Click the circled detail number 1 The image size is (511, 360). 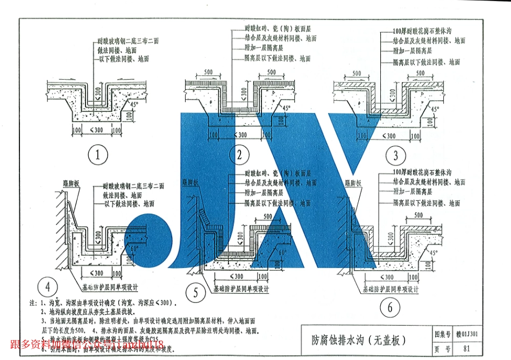(x=98, y=156)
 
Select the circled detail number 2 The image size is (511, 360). (x=239, y=156)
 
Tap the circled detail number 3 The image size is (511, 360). (x=396, y=156)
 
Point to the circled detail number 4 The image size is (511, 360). (x=48, y=286)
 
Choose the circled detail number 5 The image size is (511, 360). (x=195, y=293)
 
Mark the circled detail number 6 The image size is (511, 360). (x=389, y=308)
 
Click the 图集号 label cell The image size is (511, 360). (x=442, y=334)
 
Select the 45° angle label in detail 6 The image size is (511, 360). (x=434, y=251)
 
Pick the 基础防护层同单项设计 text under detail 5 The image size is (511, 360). (x=240, y=289)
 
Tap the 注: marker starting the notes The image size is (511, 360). (x=32, y=302)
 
